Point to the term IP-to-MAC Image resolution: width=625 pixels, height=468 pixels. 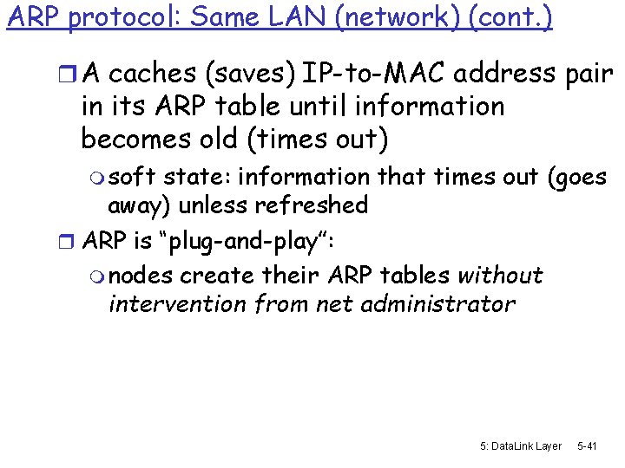click(383, 75)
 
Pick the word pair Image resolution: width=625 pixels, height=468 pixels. click(587, 75)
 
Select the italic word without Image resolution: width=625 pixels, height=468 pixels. click(500, 276)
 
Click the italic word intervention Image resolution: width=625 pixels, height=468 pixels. click(174, 304)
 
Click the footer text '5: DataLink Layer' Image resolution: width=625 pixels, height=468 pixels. click(520, 445)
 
